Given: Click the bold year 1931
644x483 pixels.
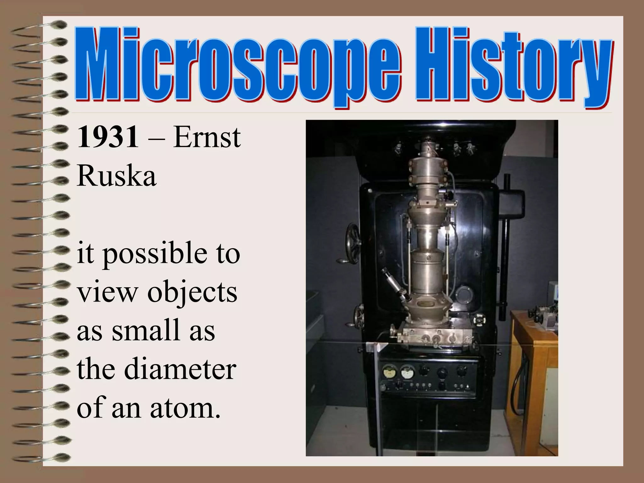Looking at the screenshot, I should click(108, 137).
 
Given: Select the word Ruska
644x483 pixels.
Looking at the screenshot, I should click(116, 176).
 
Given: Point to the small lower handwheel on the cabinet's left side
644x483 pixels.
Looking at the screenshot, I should click(358, 315).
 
